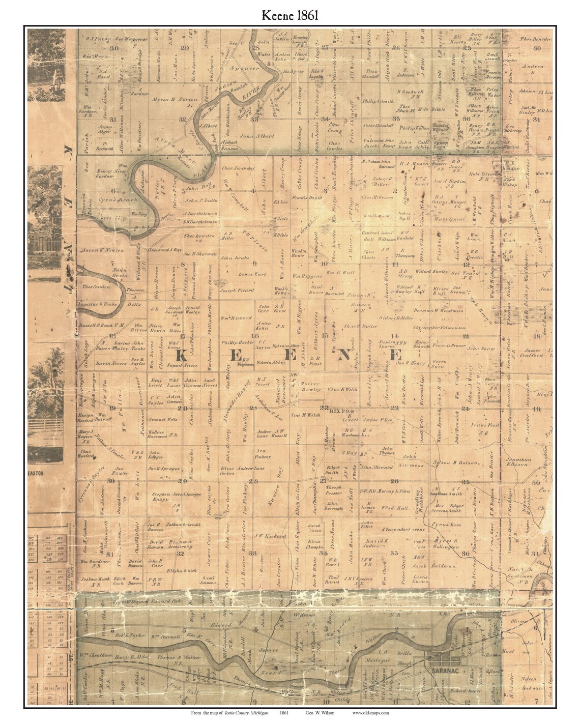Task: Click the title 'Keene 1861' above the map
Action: point(290,14)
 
